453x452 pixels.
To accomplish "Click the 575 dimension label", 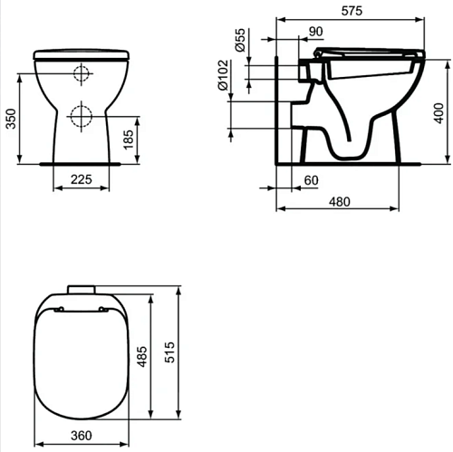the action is tap(352, 11).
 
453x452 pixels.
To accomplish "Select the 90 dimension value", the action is tap(316, 32).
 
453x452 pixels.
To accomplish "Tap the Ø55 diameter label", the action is tap(240, 40).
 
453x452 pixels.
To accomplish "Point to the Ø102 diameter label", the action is tap(223, 75).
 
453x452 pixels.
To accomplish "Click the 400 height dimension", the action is tap(439, 113).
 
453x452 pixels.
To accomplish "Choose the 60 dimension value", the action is tap(311, 180).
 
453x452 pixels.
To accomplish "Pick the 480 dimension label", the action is tap(340, 202).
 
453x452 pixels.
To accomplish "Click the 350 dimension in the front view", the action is tap(11, 119).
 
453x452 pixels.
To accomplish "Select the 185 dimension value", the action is tap(129, 139).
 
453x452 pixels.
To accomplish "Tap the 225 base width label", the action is tap(82, 179).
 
